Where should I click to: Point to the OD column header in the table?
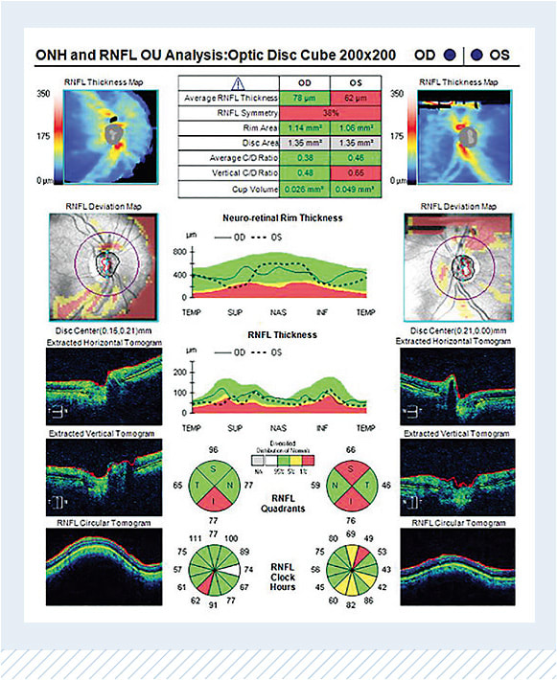304,82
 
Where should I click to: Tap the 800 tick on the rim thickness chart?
175,251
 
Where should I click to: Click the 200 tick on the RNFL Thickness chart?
175,370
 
